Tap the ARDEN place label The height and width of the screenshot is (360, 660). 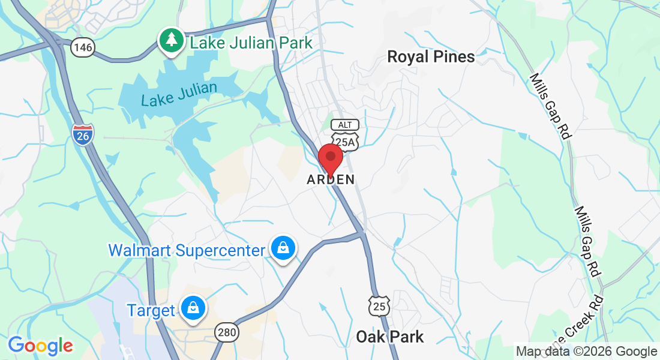click(x=331, y=179)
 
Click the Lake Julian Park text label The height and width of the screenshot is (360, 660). click(x=251, y=43)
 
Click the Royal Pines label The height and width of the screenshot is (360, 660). click(x=431, y=57)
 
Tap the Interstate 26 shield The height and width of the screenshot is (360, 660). click(x=83, y=134)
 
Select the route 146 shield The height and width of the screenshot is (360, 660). click(x=83, y=48)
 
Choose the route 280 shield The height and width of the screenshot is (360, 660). click(x=227, y=332)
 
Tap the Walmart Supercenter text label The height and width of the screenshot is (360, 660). click(x=187, y=250)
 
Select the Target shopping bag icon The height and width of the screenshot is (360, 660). click(x=193, y=308)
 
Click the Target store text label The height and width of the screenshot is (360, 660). click(x=151, y=310)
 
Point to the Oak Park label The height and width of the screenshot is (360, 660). click(x=390, y=337)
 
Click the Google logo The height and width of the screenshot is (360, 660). click(x=40, y=346)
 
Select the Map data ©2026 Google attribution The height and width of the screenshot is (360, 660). click(x=587, y=352)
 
